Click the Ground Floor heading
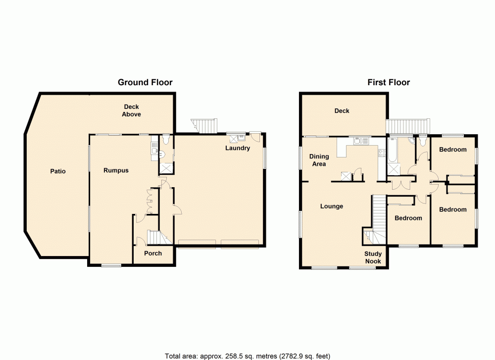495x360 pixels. (x=145, y=82)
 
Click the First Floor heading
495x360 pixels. (x=389, y=82)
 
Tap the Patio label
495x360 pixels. (x=58, y=171)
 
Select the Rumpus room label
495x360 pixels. (x=116, y=170)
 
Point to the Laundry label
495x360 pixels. (x=238, y=148)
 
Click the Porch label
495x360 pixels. (x=152, y=253)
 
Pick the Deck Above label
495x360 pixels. (x=132, y=110)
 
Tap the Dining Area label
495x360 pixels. (x=319, y=160)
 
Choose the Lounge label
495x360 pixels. (x=332, y=206)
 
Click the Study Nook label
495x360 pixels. (x=373, y=257)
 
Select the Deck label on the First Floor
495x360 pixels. (x=342, y=111)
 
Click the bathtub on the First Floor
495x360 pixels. (x=392, y=151)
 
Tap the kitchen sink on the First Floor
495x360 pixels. (x=360, y=141)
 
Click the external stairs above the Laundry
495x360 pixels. (x=204, y=125)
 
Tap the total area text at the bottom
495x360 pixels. (x=247, y=356)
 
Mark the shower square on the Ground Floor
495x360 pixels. (x=166, y=167)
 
